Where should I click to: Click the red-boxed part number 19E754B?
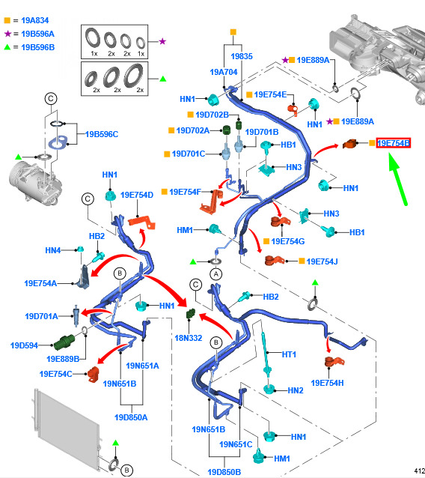point(394,142)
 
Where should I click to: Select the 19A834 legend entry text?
point(35,20)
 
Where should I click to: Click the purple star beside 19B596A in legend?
point(7,34)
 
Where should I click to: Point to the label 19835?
point(242,56)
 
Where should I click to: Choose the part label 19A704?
point(224,72)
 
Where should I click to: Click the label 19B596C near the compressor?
point(102,134)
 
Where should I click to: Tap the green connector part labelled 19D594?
point(64,342)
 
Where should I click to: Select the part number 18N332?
point(189,338)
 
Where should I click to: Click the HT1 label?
point(289,354)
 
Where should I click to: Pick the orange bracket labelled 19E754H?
point(334,362)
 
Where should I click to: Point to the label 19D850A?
point(131,417)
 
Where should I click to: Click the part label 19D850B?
point(224,472)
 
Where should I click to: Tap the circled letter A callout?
point(215,274)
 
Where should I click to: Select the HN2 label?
point(296,390)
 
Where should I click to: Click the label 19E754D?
point(137,195)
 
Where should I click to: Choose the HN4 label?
point(53,250)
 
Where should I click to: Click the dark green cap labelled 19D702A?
point(227,130)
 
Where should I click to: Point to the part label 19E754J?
point(322,261)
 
